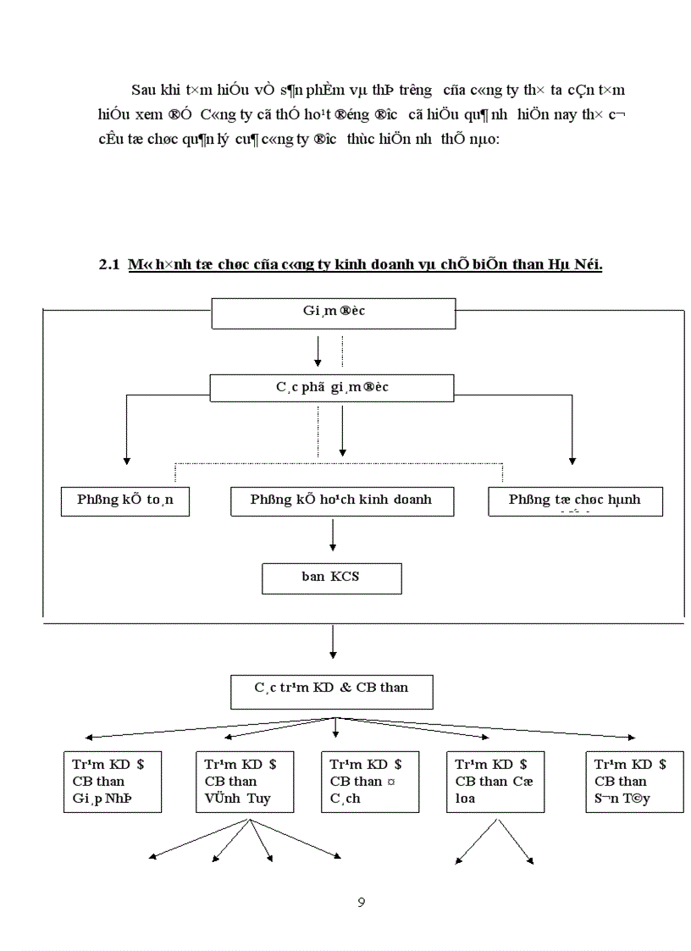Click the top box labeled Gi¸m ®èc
[x=333, y=312]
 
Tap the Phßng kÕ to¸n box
[x=125, y=500]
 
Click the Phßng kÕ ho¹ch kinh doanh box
[x=342, y=500]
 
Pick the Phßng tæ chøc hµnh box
[x=575, y=500]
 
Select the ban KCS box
[x=331, y=578]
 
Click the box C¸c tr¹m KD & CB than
[x=332, y=691]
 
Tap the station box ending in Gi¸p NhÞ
[x=113, y=781]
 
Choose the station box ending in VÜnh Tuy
[x=245, y=781]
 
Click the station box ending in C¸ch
[x=370, y=781]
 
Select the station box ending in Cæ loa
[x=495, y=781]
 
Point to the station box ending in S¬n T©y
[x=634, y=781]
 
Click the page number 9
[x=362, y=902]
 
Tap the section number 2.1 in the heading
[x=109, y=265]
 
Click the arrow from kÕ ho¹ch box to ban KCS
[x=333, y=535]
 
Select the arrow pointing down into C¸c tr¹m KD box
[x=333, y=643]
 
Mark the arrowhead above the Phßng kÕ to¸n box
[x=127, y=460]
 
